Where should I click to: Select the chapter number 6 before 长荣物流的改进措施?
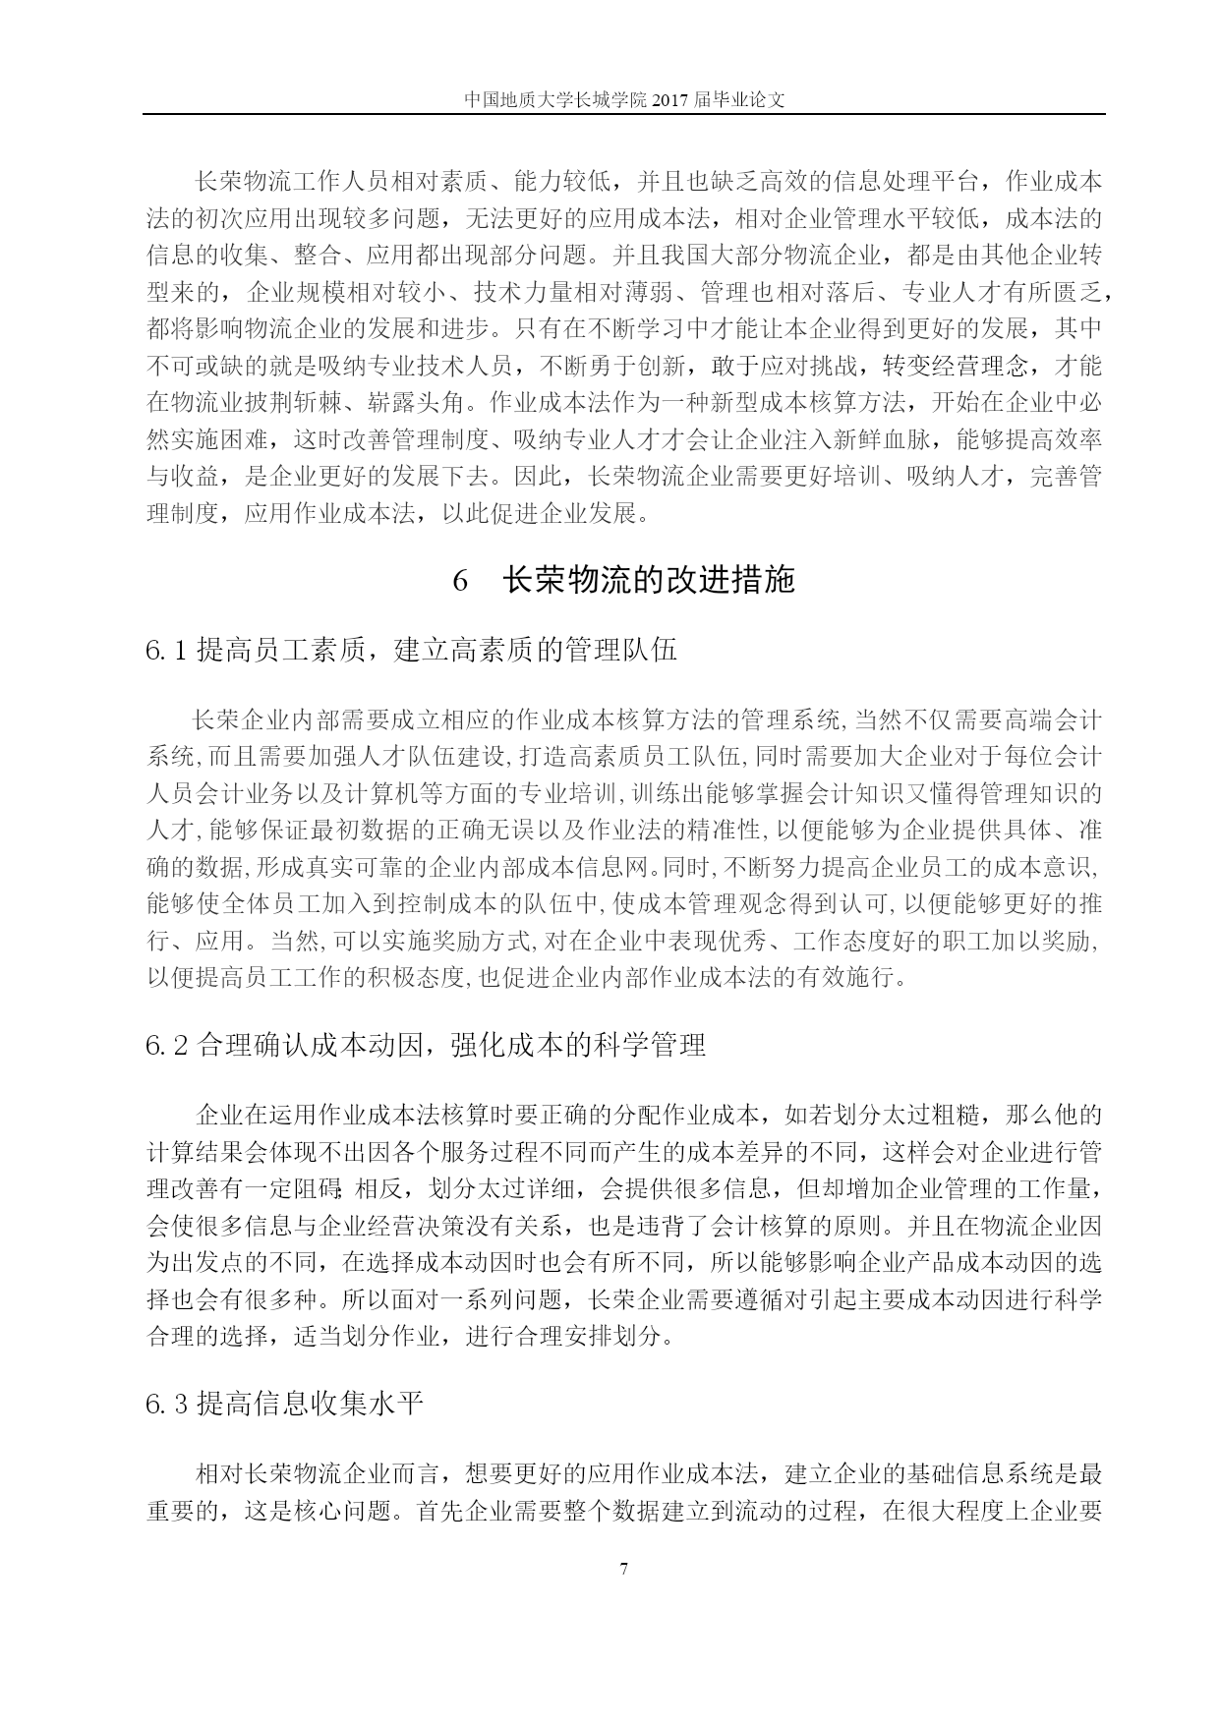click(x=460, y=581)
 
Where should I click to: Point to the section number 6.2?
click(x=167, y=1045)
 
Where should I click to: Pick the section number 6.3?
click(x=167, y=1404)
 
